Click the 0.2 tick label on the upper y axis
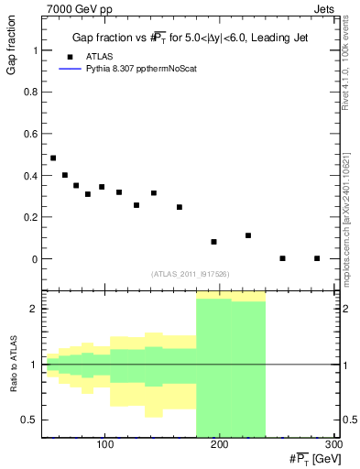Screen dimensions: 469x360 [x=29, y=218]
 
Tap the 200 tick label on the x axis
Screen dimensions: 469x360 [x=219, y=444]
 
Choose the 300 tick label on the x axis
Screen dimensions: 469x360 [x=333, y=444]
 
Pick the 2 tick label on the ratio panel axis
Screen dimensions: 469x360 [x=34, y=309]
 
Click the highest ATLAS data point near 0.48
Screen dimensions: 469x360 [x=53, y=158]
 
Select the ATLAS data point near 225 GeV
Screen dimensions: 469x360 [x=248, y=235]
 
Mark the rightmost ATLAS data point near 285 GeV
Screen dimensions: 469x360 [x=317, y=258]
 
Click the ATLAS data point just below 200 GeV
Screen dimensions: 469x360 [x=213, y=242]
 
